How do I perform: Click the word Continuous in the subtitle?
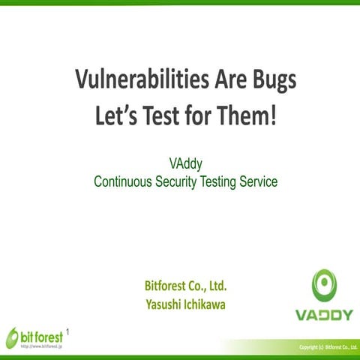pos(124,180)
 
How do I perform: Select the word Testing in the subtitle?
pos(230,180)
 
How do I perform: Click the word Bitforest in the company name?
pos(166,286)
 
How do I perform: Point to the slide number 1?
pos(69,330)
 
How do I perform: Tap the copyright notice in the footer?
pos(328,346)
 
